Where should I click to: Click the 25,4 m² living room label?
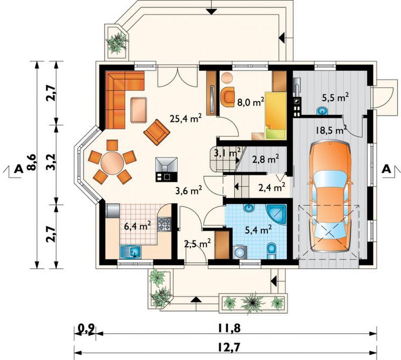186,119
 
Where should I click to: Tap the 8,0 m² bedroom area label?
251,102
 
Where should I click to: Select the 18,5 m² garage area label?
331,129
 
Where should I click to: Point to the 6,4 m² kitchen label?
137,226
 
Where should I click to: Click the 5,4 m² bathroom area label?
258,230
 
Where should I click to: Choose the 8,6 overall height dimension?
32,162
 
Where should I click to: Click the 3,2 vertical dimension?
51,162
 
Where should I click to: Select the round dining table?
113,163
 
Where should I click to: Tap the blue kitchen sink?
130,252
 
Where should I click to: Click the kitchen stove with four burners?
165,224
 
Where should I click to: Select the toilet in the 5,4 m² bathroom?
271,250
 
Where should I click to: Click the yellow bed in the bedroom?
275,116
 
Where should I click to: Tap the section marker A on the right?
387,169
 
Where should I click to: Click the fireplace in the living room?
166,169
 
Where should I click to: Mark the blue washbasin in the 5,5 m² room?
323,111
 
